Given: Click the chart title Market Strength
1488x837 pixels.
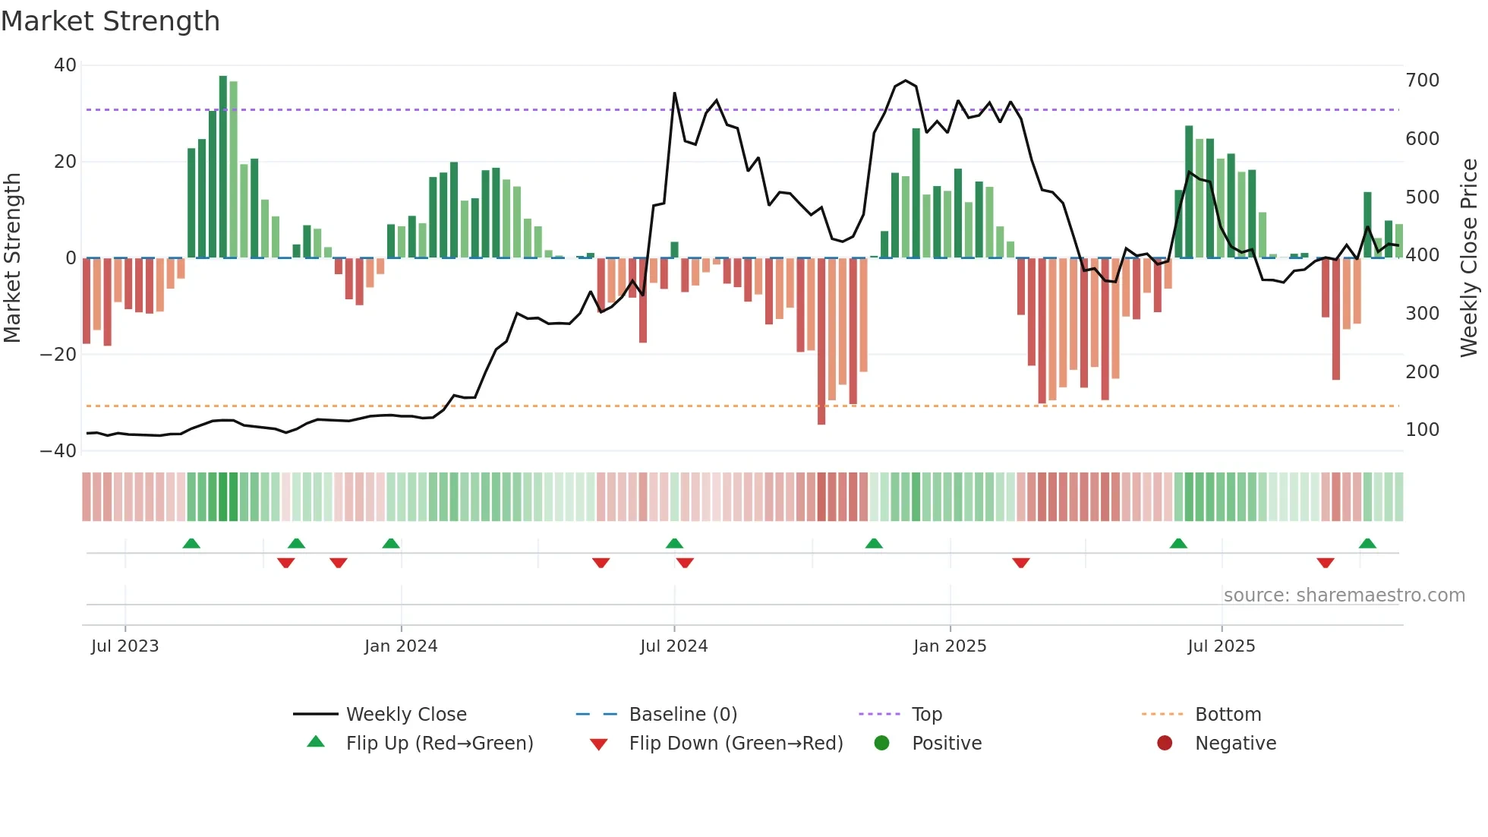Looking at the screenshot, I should coord(111,21).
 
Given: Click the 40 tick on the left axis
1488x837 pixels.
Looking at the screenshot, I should coord(65,65).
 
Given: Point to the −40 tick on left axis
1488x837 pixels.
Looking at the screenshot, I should coord(58,451).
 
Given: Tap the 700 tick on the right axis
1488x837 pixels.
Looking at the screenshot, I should coord(1422,81).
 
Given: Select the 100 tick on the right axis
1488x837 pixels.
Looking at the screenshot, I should coord(1422,430).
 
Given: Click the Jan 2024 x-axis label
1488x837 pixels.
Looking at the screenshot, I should coord(401,646).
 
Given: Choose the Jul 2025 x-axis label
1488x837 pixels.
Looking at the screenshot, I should coord(1221,646).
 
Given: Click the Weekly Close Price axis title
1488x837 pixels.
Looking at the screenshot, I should coord(1469,258).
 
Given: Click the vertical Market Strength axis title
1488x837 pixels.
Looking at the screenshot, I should coord(13,258).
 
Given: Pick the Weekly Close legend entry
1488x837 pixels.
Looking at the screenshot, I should coord(406,715).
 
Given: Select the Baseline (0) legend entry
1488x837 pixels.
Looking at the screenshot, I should coord(683,715).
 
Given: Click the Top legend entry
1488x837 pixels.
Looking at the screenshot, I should coord(926,715).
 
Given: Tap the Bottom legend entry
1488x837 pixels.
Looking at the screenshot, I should coord(1228,715).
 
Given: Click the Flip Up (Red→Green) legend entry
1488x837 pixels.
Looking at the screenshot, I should coord(440,744).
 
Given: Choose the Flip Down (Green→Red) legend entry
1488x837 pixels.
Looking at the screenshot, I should coord(736,744).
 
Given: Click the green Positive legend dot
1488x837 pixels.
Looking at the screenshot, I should coord(881,744).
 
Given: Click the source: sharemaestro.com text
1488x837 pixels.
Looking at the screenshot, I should coord(1344,595).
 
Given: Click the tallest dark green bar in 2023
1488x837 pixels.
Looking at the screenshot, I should coord(223,167).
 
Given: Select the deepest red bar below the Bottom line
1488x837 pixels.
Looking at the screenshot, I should coord(821,342).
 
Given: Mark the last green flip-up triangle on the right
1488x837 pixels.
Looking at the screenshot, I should coord(1367,544).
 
